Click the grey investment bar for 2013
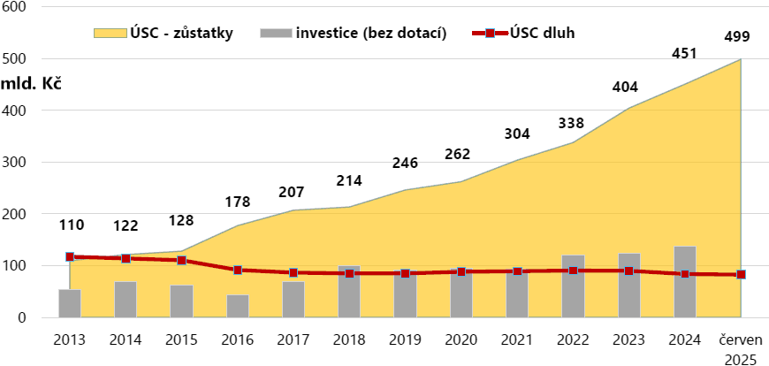pos(70,303)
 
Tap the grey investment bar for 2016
pos(238,306)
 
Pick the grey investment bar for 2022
pos(573,286)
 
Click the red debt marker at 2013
pos(70,257)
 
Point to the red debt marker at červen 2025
pos(741,274)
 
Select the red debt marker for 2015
pos(182,261)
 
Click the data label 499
pos(736,36)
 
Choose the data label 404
pos(625,87)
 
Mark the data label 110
pos(71,225)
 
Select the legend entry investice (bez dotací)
pos(354,34)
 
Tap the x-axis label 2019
pos(406,339)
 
